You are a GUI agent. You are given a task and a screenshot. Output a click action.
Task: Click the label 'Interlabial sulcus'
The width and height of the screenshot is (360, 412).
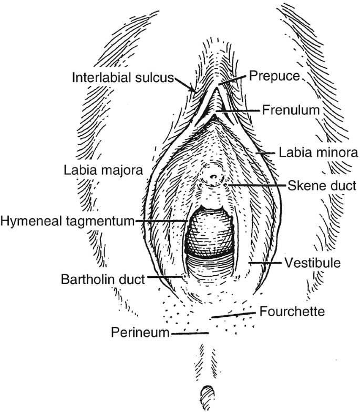coord(122,78)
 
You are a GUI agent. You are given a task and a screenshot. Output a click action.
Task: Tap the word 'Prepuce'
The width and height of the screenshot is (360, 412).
coord(273,76)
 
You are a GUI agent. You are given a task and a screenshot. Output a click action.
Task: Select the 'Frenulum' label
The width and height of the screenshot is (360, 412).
coord(291,111)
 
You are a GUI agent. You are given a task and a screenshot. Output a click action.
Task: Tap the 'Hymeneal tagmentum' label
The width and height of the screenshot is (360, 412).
coord(68,221)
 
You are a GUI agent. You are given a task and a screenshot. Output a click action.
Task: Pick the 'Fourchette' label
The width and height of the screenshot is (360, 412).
coord(292,311)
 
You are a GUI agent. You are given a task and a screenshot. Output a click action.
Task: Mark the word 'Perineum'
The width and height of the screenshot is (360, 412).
coord(140,333)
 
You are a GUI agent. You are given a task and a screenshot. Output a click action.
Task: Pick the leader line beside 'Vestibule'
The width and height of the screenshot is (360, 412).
coord(265,262)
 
